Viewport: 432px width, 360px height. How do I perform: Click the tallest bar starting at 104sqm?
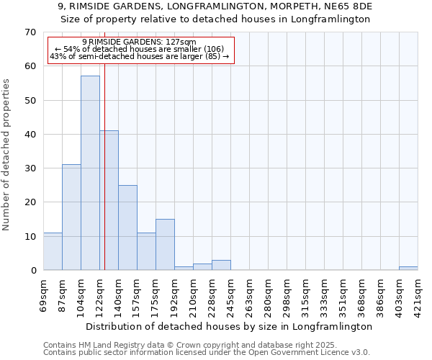point(90,173)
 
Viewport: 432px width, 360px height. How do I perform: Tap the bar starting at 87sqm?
point(71,217)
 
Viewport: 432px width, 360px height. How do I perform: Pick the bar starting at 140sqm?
point(127,228)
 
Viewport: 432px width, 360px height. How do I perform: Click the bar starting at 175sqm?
point(165,245)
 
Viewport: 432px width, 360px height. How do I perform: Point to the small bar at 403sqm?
point(408,269)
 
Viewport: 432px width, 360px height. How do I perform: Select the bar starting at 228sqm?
point(221,265)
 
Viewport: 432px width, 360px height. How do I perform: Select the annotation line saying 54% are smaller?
point(140,49)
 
